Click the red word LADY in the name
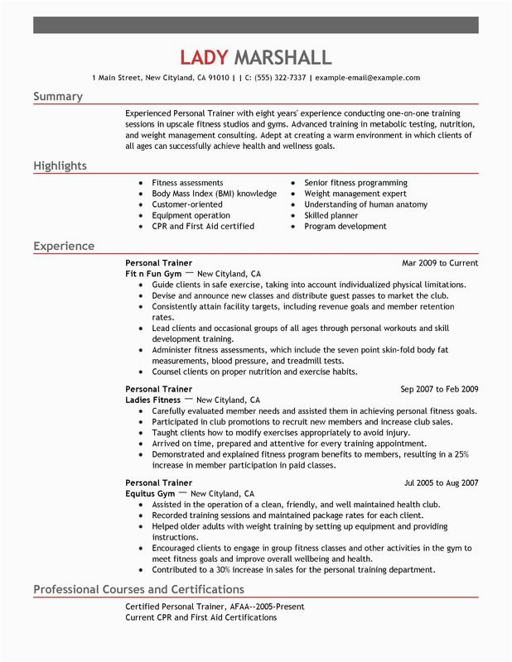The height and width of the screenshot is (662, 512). [x=205, y=57]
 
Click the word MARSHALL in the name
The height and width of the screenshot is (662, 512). [x=283, y=57]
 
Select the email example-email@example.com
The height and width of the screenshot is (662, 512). [x=368, y=78]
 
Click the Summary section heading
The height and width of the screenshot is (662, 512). [x=58, y=97]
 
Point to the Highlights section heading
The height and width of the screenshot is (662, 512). [x=60, y=166]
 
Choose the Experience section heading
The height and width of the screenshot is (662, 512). [x=64, y=247]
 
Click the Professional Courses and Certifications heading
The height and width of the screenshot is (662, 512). [x=138, y=590]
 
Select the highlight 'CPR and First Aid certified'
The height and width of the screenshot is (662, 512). [x=203, y=226]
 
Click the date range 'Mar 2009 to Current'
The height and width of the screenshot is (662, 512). [x=440, y=263]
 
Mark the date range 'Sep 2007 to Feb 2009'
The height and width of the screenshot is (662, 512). [x=439, y=389]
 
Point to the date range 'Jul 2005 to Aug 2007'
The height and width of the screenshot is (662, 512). [x=441, y=482]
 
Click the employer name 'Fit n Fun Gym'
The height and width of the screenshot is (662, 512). [x=152, y=273]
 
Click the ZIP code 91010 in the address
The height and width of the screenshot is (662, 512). [x=219, y=78]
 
